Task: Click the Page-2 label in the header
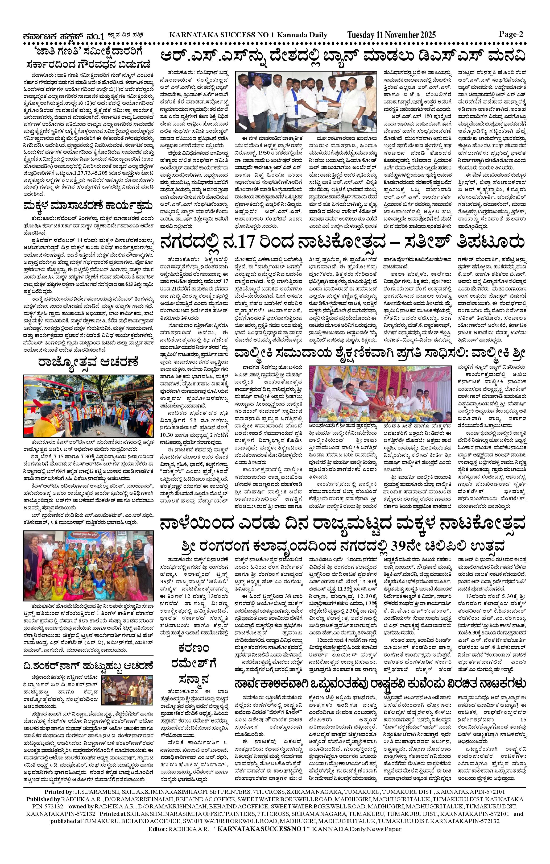click(511, 34)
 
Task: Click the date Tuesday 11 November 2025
click(391, 35)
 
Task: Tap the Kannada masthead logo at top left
click(63, 36)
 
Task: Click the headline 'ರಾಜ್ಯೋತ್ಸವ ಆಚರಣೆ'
click(88, 362)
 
